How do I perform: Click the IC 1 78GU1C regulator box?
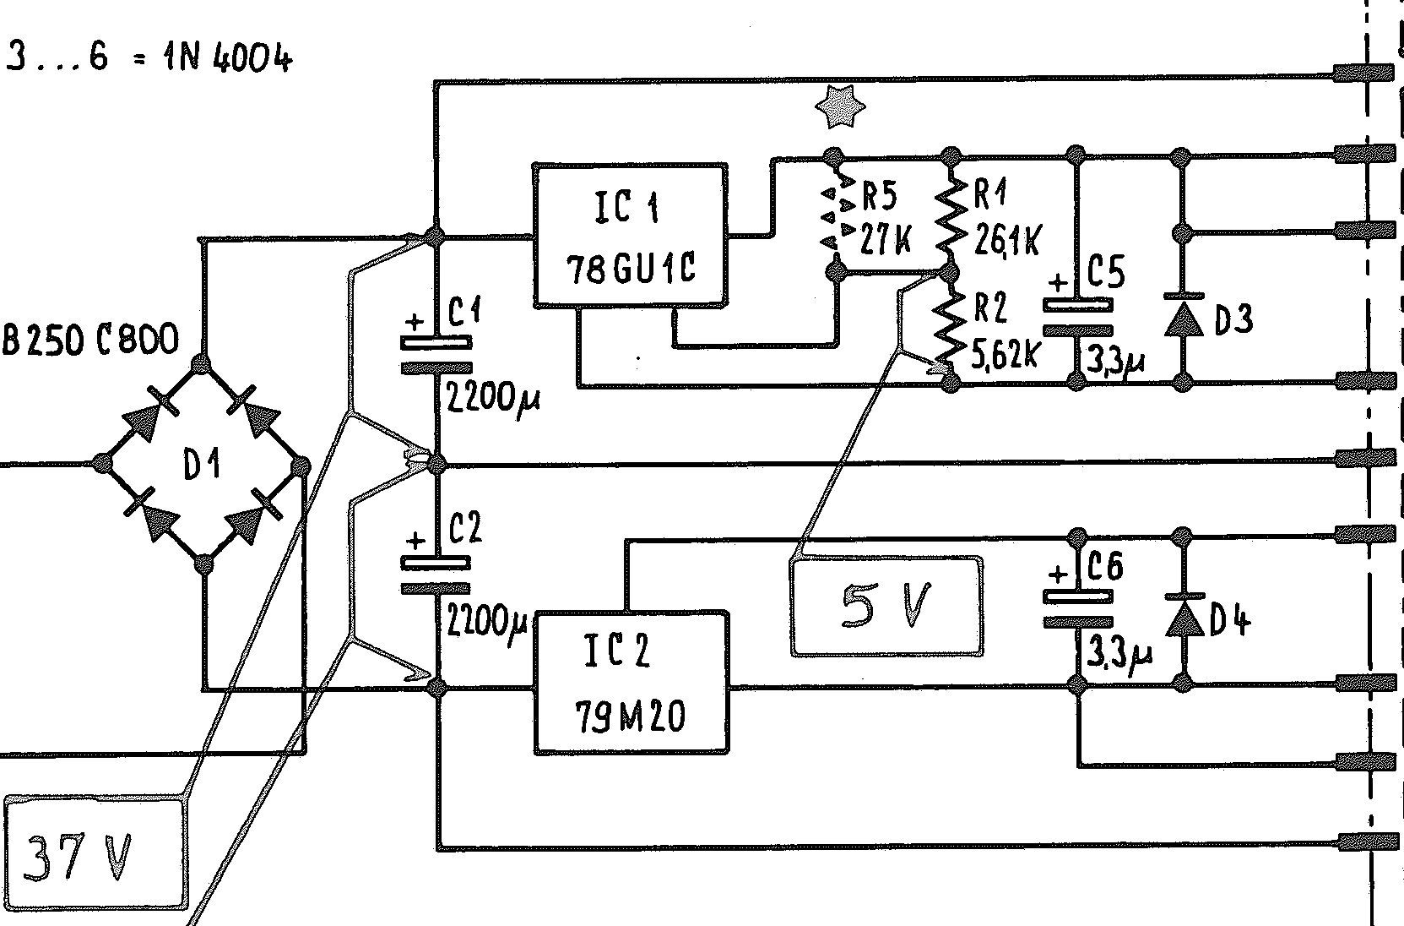(x=629, y=235)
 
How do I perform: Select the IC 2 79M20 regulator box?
(x=631, y=683)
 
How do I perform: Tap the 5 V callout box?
(x=886, y=606)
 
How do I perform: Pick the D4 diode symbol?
(x=1184, y=616)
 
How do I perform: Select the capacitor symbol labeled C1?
(x=436, y=355)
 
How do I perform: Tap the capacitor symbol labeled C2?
(x=436, y=575)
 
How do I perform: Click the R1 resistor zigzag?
(x=951, y=215)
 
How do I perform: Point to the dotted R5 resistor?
(x=834, y=216)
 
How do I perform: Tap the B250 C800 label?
(x=91, y=340)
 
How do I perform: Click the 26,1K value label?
(x=1007, y=241)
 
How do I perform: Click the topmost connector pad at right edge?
(x=1361, y=73)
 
